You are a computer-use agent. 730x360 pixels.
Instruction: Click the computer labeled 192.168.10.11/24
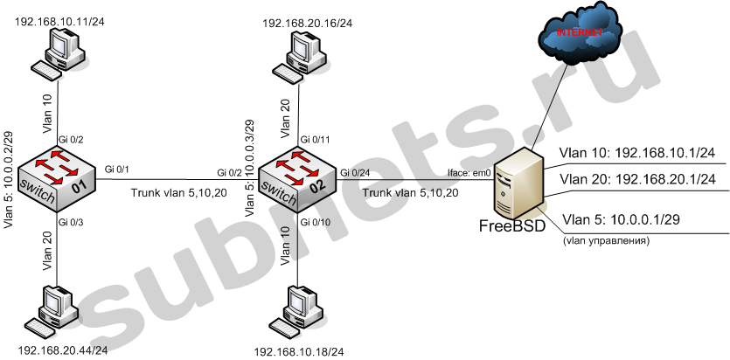[x=59, y=51]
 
